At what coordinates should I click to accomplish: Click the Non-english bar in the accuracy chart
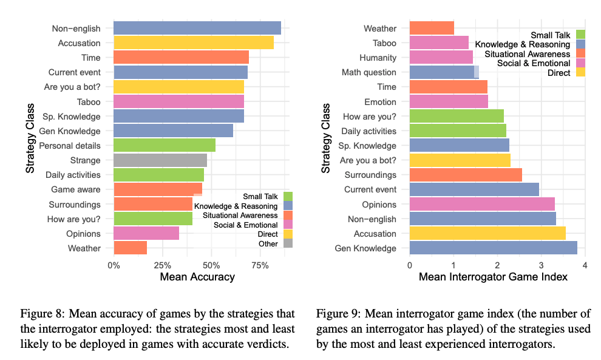coord(197,29)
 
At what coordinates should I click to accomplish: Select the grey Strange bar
coord(160,160)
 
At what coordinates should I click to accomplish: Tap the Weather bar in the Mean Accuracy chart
coord(130,248)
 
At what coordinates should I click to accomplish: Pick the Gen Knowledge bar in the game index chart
coord(493,248)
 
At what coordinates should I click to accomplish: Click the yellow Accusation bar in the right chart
coord(487,233)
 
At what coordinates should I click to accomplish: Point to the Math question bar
coord(444,72)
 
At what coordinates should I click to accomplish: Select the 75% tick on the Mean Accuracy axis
coord(260,265)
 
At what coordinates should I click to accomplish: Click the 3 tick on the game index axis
coord(541,265)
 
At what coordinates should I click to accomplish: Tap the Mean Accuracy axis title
coord(197,277)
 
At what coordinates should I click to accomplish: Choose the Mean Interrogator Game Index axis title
coord(493,277)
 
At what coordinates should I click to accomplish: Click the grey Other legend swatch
coord(288,244)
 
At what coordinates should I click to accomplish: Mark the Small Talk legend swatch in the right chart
coord(580,34)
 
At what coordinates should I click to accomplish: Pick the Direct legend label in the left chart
coord(267,234)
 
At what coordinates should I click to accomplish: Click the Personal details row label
coord(70,146)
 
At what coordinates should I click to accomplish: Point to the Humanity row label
coord(378,58)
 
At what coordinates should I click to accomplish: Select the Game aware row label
coord(76,189)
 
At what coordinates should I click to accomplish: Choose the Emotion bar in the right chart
coord(449,102)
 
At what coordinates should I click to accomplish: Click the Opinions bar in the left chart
coord(146,233)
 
